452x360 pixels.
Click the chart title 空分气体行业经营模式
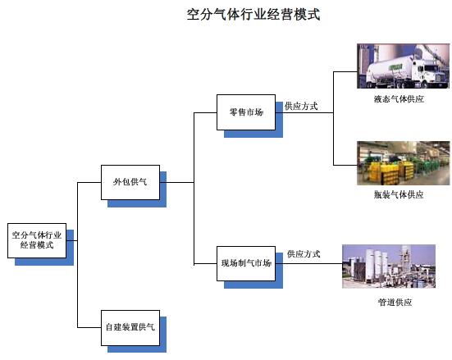253,15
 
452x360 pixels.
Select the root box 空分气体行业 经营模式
37,240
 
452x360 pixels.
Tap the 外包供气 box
130,182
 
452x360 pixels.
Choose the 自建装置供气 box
130,328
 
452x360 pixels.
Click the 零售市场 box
246,112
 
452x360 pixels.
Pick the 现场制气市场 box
246,263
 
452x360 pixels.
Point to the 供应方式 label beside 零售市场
301,106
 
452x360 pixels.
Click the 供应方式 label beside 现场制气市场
304,254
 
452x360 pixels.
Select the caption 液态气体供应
399,99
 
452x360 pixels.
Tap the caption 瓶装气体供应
399,194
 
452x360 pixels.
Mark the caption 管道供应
395,302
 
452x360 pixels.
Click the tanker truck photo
403,66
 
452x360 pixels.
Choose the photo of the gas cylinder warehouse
403,163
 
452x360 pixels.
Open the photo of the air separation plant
389,267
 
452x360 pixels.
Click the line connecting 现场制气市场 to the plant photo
308,263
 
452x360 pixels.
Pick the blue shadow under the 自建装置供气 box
137,349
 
